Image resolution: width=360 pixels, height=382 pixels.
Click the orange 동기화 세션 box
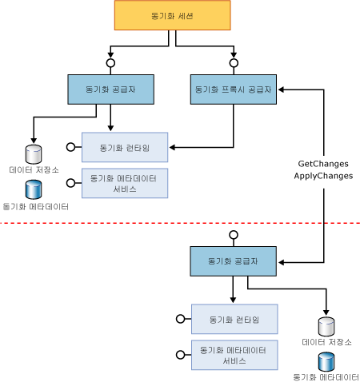click(172, 16)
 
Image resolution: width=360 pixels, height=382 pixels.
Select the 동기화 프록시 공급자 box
click(234, 90)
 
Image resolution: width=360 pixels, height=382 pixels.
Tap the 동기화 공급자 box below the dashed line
click(234, 261)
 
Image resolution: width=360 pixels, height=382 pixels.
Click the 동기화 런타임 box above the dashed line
click(124, 147)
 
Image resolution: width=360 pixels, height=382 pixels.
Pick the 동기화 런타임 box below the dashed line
click(234, 319)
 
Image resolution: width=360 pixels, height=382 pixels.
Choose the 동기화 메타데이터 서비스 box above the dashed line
click(124, 184)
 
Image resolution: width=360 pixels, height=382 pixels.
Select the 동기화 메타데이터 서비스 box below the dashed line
click(234, 355)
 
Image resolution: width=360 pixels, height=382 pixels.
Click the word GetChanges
click(323, 162)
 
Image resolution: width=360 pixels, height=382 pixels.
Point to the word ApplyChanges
click(323, 175)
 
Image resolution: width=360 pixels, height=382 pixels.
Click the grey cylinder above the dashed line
click(34, 153)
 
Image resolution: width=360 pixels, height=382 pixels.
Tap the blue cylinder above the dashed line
click(34, 189)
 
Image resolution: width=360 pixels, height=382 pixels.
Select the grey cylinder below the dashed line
click(326, 326)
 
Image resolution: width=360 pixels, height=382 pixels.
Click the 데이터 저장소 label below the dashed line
click(326, 342)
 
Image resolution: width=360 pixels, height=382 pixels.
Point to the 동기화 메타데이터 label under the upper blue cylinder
click(35, 206)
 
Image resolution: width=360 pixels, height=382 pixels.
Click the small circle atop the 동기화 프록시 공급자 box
click(234, 61)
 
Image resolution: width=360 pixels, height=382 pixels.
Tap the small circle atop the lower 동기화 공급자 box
click(234, 235)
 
